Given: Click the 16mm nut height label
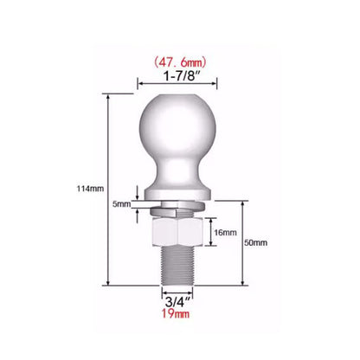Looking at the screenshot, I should (223, 233).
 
